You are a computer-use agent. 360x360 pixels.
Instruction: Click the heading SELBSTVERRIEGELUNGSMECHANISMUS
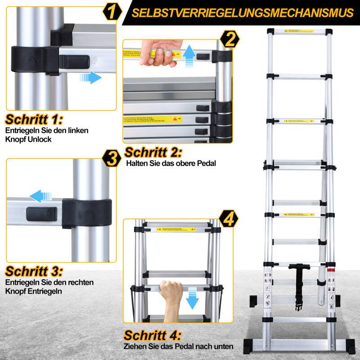pos(243,13)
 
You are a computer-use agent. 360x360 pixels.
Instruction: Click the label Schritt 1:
pos(34,120)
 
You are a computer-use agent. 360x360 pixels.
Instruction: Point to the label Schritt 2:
pos(153,152)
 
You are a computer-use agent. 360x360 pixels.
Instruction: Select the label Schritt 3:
pos(34,272)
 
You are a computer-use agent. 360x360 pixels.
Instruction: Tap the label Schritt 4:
pos(153,335)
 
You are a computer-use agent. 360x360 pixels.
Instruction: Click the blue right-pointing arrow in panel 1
pos(90,77)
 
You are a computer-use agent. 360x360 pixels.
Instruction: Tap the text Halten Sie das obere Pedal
pos(171,164)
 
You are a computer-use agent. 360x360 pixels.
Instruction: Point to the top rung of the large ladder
pos(299,32)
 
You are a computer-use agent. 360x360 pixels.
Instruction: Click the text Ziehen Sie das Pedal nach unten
pos(179,346)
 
